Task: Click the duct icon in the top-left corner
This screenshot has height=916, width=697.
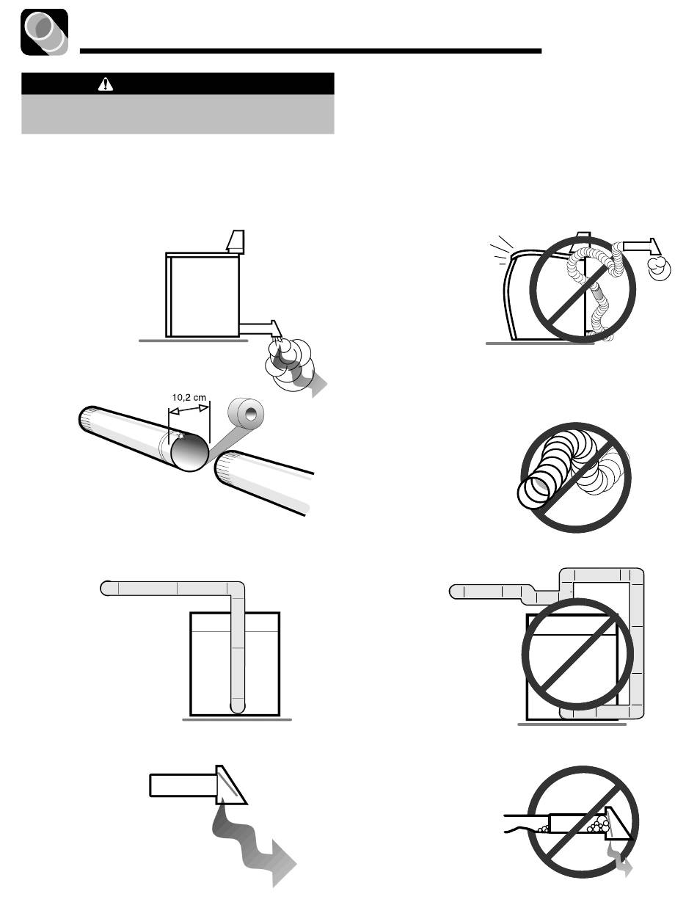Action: click(x=44, y=32)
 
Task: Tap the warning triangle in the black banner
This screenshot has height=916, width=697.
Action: click(x=106, y=84)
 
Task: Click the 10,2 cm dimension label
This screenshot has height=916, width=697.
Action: click(x=189, y=397)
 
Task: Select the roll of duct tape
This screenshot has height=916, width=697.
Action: click(x=246, y=413)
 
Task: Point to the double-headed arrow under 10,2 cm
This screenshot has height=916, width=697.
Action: click(x=189, y=410)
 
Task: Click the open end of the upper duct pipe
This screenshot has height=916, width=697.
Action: click(x=189, y=452)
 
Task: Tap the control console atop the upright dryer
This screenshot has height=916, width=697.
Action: click(x=236, y=241)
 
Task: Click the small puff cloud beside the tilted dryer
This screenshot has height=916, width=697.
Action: click(x=659, y=268)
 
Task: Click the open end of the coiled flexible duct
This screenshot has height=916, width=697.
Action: click(x=533, y=492)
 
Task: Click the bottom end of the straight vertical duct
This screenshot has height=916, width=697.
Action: click(x=237, y=708)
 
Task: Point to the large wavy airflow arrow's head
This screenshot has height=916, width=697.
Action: click(x=284, y=862)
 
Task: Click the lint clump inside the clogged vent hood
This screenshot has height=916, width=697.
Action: click(x=598, y=822)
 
